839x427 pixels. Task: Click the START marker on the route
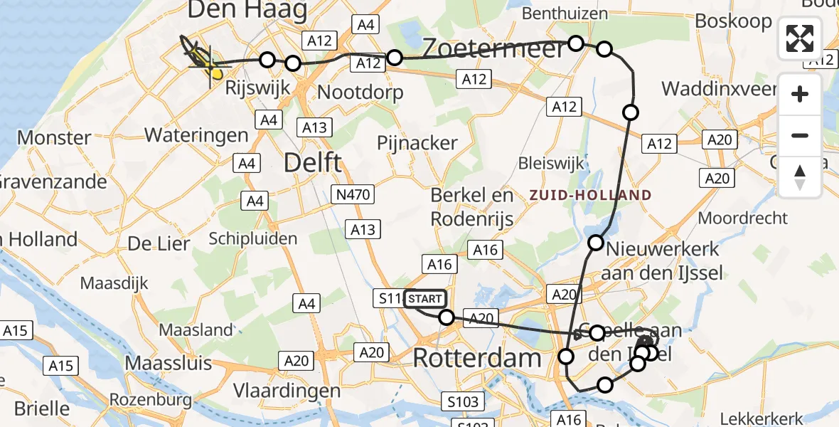coord(425,299)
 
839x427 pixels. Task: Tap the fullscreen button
coord(800,38)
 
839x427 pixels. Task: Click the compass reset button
coord(800,176)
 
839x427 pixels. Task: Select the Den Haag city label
coord(247,11)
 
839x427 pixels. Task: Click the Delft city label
coord(312,162)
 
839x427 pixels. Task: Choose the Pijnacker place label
coord(418,142)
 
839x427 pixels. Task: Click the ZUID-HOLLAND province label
coord(590,195)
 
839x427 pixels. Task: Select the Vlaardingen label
coord(288,391)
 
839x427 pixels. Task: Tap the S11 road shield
coord(390,298)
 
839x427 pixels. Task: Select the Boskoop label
coord(734,21)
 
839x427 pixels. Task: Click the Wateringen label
coord(196,135)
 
